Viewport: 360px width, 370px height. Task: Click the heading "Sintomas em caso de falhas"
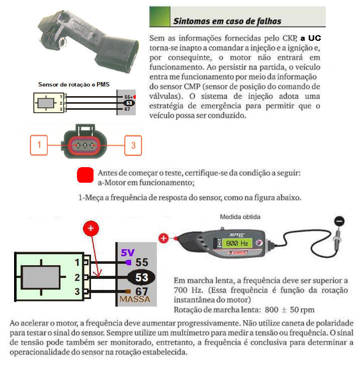(227, 21)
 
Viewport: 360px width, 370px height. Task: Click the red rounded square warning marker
(85, 175)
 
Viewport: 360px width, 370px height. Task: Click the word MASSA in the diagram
(134, 300)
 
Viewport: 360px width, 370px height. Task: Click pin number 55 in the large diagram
(142, 262)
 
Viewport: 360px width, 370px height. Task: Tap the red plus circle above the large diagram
(91, 230)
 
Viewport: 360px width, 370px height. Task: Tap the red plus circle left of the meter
(163, 239)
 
